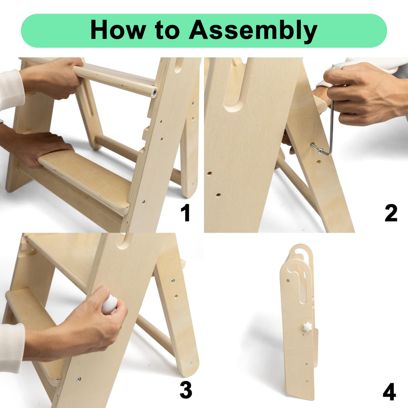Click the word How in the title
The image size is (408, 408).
118,30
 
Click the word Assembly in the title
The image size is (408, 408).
253,31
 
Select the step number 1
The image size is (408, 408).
186,213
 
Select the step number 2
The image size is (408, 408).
391,213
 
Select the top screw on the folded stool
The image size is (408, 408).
288,281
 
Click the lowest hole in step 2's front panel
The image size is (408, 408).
218,195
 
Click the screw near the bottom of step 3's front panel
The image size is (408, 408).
79,379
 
